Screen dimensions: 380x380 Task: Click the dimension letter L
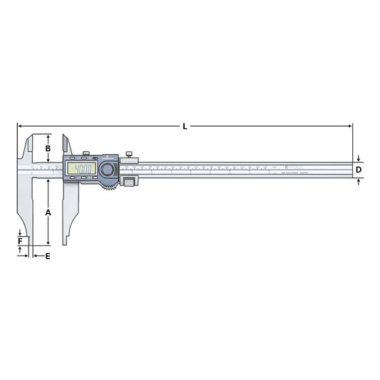click(185, 126)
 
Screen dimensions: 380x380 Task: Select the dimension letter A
click(48, 212)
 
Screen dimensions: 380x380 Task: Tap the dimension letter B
click(48, 148)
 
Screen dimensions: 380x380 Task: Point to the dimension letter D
click(359, 170)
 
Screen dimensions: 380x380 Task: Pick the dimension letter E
click(48, 255)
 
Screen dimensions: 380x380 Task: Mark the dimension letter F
click(20, 242)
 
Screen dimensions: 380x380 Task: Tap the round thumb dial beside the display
click(108, 170)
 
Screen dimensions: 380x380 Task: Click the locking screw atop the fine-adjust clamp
click(130, 153)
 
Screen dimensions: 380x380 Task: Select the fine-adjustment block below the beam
click(129, 183)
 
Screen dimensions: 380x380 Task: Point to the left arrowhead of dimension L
click(19, 126)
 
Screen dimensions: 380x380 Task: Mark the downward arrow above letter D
click(359, 159)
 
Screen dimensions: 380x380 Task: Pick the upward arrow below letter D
click(359, 181)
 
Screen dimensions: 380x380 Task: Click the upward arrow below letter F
click(20, 250)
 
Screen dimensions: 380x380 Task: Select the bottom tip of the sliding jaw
click(66, 245)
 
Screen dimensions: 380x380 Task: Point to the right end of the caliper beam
click(351, 170)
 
